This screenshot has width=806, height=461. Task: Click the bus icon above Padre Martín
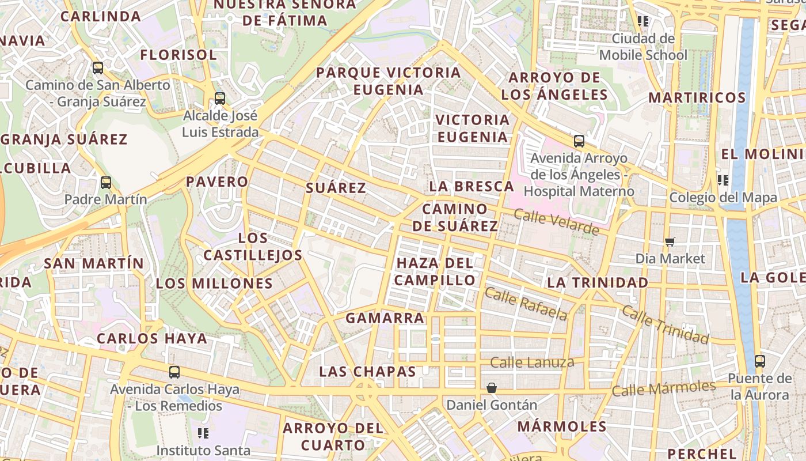pyautogui.click(x=106, y=183)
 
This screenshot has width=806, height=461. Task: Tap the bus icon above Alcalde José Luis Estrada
pyautogui.click(x=220, y=99)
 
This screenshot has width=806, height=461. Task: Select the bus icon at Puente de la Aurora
pyautogui.click(x=760, y=361)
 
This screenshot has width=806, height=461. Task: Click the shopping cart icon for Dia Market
pyautogui.click(x=670, y=241)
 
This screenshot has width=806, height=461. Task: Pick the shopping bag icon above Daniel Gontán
pyautogui.click(x=492, y=388)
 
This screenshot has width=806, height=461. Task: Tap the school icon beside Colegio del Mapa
pyautogui.click(x=723, y=180)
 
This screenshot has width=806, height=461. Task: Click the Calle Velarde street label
pyautogui.click(x=556, y=222)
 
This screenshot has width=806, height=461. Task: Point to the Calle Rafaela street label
pyautogui.click(x=526, y=304)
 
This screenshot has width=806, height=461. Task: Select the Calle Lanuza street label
pyautogui.click(x=532, y=362)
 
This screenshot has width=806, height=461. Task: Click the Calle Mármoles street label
pyautogui.click(x=663, y=388)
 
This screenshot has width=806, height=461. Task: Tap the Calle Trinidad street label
pyautogui.click(x=665, y=324)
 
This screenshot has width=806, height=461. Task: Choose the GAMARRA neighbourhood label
pyautogui.click(x=385, y=318)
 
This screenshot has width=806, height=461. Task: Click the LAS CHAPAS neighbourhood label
pyautogui.click(x=367, y=372)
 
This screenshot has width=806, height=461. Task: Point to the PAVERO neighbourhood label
pyautogui.click(x=217, y=182)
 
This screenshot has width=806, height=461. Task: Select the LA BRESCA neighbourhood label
pyautogui.click(x=472, y=186)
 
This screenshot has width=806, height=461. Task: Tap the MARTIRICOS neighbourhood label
pyautogui.click(x=697, y=97)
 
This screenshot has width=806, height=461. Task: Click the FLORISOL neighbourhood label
pyautogui.click(x=179, y=55)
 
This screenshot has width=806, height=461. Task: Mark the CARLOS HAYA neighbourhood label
pyautogui.click(x=151, y=338)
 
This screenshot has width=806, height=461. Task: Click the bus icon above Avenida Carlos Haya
pyautogui.click(x=174, y=372)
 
